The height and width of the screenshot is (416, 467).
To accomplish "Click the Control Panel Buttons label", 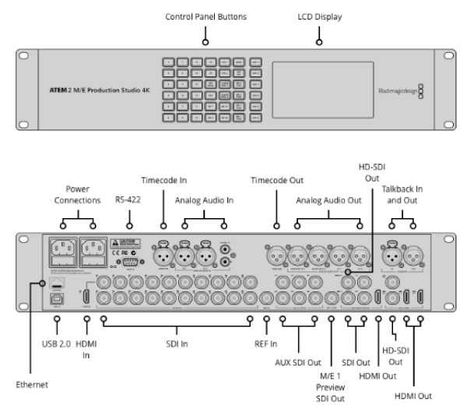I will (205, 16).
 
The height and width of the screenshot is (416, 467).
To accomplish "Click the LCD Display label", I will (320, 16).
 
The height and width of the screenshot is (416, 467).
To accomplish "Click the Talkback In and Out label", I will (402, 195).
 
